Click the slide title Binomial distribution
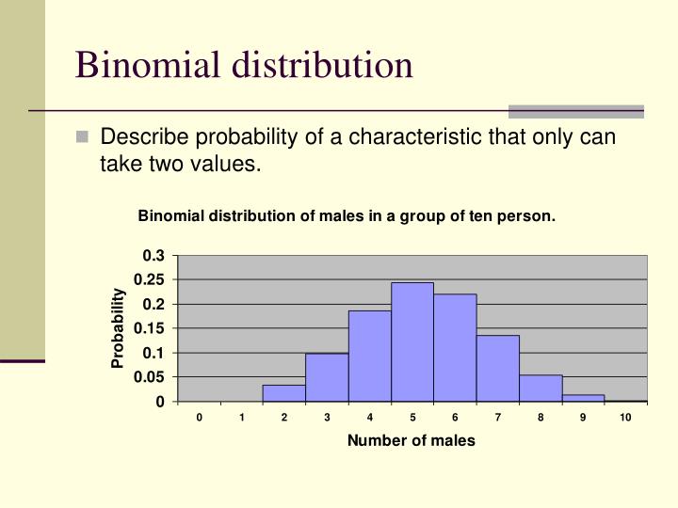[x=244, y=65]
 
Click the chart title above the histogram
[x=347, y=216]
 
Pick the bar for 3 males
[x=327, y=377]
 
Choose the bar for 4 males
[x=369, y=356]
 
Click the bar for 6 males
[x=455, y=347]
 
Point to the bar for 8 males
[x=541, y=388]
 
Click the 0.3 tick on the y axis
[x=153, y=256]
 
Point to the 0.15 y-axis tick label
[x=150, y=328]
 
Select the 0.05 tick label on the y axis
[x=150, y=377]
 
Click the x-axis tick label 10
[x=625, y=418]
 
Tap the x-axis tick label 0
[x=199, y=418]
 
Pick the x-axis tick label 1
[x=241, y=418]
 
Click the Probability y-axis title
[x=119, y=328]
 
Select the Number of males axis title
[x=412, y=440]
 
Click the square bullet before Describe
[x=83, y=137]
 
